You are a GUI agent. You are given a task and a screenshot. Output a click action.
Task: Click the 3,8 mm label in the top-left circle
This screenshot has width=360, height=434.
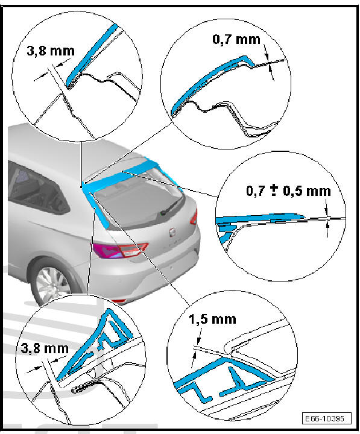(x=51, y=51)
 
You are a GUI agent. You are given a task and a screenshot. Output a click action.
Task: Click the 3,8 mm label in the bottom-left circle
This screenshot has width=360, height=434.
(x=45, y=348)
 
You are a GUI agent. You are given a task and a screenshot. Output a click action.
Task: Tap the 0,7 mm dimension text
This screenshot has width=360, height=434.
(x=236, y=40)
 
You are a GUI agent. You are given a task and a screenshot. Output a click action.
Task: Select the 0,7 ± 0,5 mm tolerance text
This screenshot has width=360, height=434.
(x=289, y=191)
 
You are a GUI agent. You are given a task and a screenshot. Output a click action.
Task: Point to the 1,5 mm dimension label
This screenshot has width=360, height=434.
(x=212, y=319)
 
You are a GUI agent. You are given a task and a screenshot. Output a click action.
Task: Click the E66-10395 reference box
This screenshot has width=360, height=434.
(x=326, y=418)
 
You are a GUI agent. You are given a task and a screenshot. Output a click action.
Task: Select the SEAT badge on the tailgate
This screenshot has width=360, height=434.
(x=172, y=232)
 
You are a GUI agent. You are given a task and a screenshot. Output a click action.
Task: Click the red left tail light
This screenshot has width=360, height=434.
(x=119, y=251)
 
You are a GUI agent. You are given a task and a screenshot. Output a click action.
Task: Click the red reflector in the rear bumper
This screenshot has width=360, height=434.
(x=119, y=301)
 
